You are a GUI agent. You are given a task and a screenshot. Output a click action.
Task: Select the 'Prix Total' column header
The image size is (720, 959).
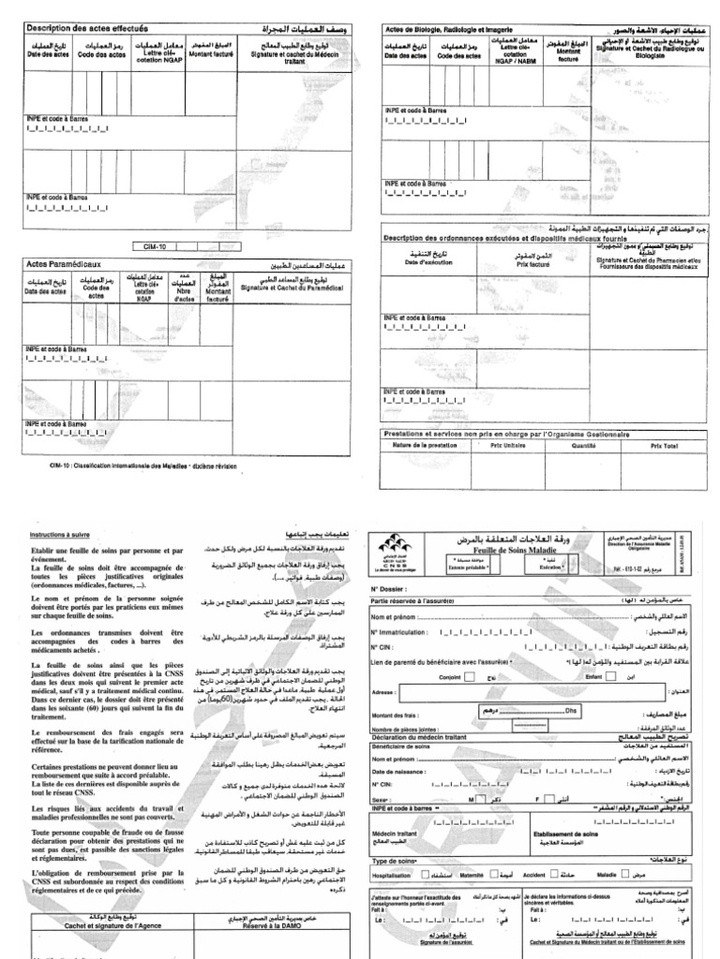[663, 446]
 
